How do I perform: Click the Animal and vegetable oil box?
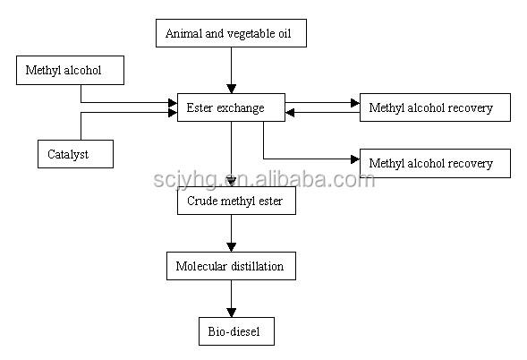click(231, 33)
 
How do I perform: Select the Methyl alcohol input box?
click(71, 70)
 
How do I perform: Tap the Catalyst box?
click(76, 154)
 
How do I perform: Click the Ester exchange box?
click(231, 107)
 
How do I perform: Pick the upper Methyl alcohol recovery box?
click(435, 107)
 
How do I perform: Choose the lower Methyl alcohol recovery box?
click(435, 163)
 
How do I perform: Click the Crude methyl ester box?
click(236, 201)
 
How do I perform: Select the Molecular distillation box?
click(231, 266)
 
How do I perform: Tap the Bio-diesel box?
click(236, 331)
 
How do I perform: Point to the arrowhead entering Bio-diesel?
click(231, 313)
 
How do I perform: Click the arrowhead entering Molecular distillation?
click(231, 247)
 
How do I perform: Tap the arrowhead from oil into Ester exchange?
click(231, 89)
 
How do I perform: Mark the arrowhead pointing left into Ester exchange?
click(290, 112)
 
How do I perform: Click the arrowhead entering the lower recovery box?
click(355, 159)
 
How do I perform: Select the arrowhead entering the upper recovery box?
click(355, 103)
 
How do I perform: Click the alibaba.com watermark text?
click(315, 179)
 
